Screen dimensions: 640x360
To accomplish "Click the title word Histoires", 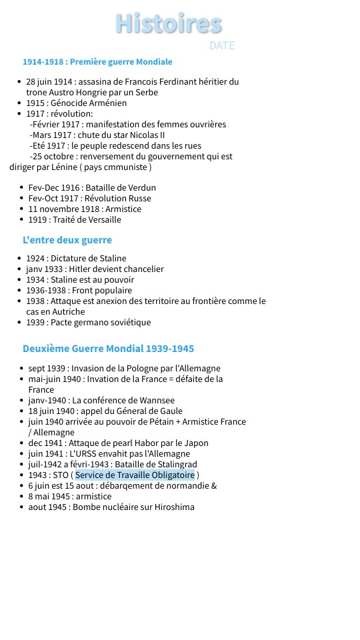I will (169, 23).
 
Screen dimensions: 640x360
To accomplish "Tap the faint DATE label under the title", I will (221, 45).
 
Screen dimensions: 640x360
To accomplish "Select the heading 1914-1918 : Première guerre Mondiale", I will (97, 61).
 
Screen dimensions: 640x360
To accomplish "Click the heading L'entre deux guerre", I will (67, 239).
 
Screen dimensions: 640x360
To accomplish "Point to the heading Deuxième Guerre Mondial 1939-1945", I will (108, 348).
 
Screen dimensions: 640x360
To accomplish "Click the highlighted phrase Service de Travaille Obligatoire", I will (135, 475).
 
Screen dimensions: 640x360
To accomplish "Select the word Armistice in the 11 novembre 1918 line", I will (119, 209).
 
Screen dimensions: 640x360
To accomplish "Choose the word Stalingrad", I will (174, 464).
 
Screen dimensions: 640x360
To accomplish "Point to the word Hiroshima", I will (175, 507).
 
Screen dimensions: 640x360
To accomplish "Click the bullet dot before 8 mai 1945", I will (22, 496).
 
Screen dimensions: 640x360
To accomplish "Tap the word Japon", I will (195, 443).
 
